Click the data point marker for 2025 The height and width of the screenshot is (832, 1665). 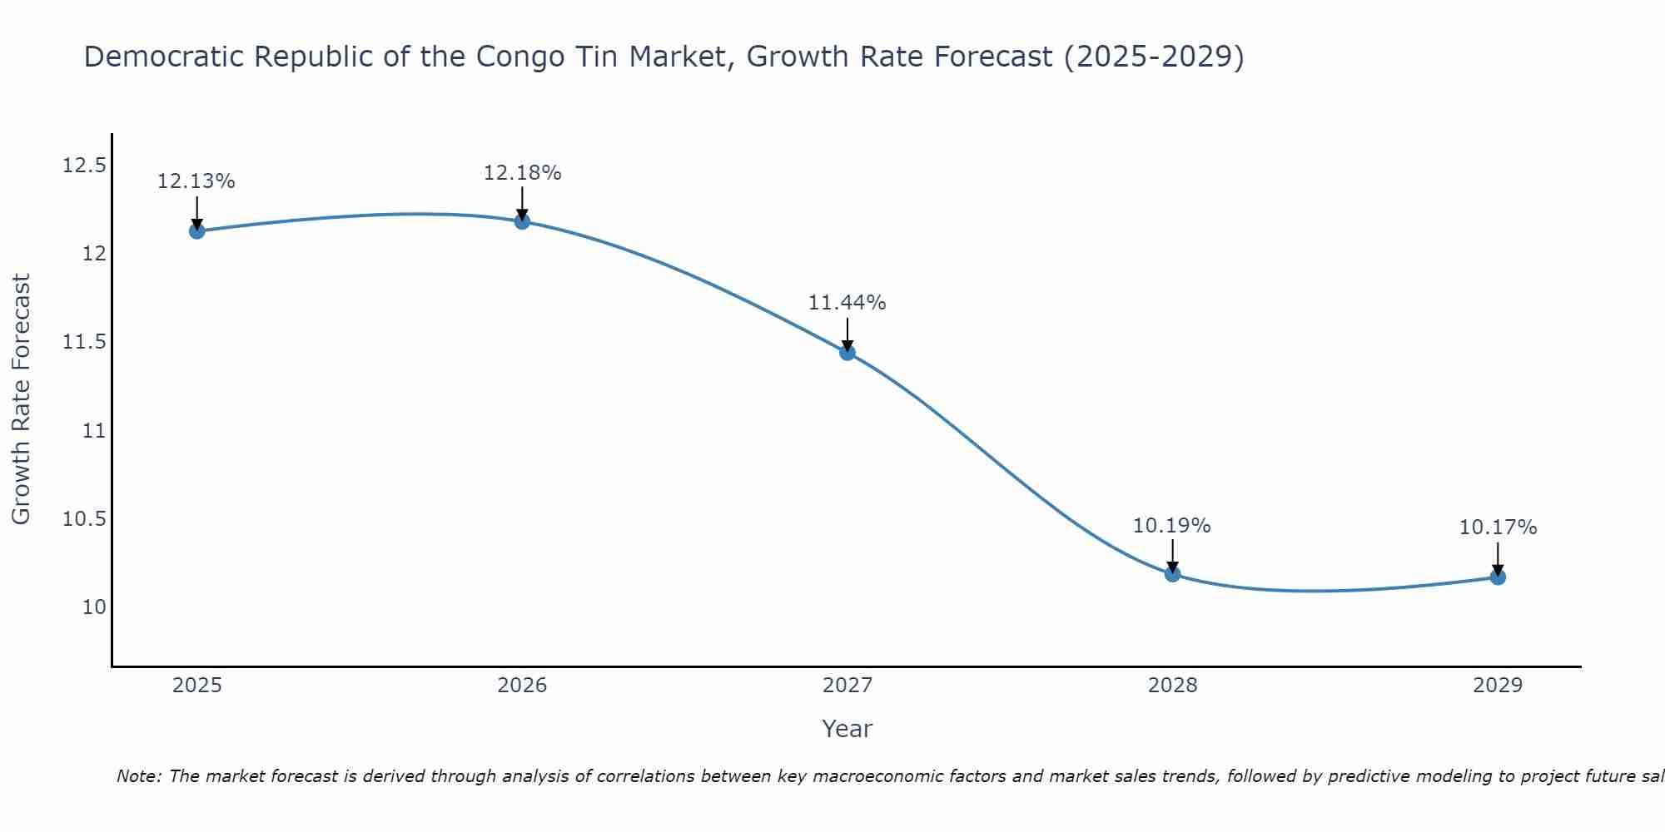tap(197, 230)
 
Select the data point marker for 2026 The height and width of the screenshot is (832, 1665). tap(522, 221)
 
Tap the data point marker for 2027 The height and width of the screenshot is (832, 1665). tap(847, 352)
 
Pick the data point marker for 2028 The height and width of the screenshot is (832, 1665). tap(1172, 573)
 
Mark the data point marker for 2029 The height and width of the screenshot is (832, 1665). tap(1498, 577)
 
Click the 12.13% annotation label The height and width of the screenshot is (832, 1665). tap(196, 181)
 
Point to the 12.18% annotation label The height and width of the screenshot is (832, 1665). tap(522, 173)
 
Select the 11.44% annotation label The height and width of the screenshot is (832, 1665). tap(847, 303)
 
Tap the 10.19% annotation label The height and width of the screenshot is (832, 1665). tap(1172, 526)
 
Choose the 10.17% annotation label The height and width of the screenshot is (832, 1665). tap(1498, 527)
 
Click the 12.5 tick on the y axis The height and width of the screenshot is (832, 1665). tap(84, 166)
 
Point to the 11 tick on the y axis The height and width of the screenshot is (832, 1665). tap(94, 430)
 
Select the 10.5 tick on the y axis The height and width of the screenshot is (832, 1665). tap(84, 519)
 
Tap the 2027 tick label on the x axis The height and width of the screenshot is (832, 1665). tap(847, 686)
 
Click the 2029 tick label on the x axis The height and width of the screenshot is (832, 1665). tap(1498, 686)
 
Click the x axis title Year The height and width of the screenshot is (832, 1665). tap(847, 729)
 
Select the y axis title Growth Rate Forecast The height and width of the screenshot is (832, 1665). tap(21, 399)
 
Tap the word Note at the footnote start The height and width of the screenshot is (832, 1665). tap(139, 776)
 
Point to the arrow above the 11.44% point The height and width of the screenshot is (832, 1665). tap(847, 334)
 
